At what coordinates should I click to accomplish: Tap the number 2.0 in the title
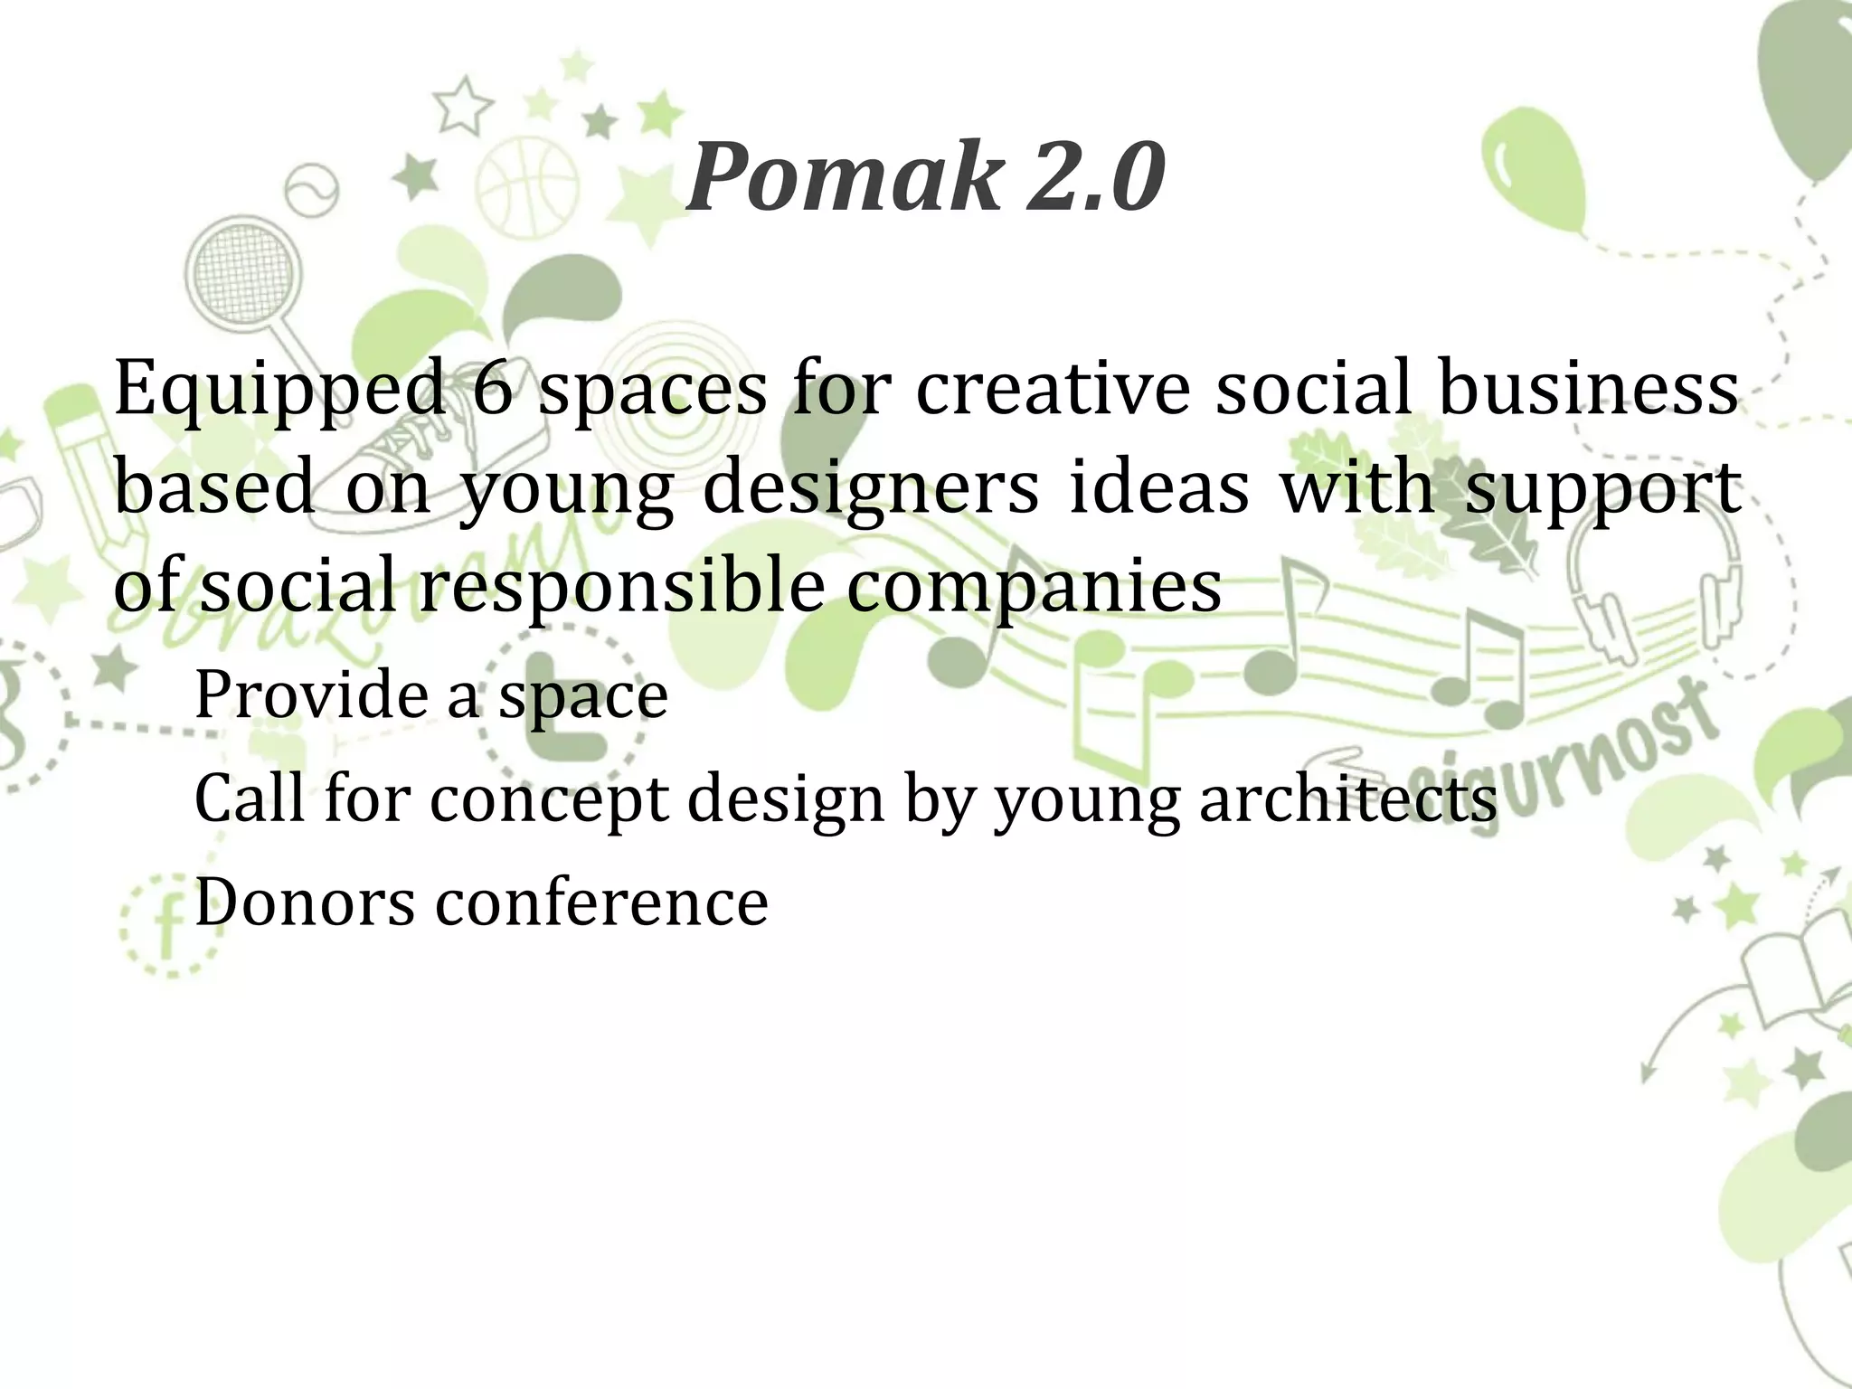(1094, 178)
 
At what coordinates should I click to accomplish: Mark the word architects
(1347, 798)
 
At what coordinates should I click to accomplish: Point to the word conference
(601, 902)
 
